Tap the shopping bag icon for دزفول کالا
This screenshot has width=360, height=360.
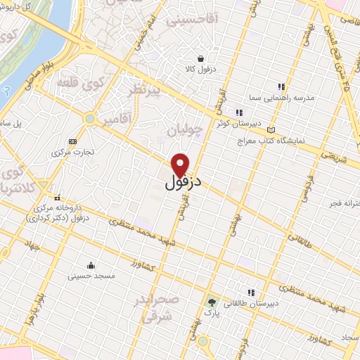pos(202,59)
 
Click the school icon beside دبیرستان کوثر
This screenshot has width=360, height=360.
pos(239,112)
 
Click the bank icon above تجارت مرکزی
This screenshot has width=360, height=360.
pos(73,141)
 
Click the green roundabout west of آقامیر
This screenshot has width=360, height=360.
pos(89,119)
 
